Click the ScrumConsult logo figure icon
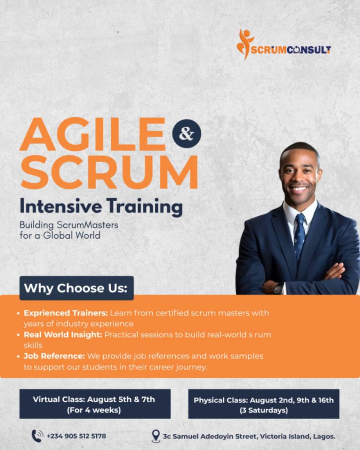click(244, 44)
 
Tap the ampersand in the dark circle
click(187, 134)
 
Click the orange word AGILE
click(92, 134)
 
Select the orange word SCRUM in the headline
click(109, 172)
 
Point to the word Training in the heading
click(145, 207)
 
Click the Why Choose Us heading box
click(76, 288)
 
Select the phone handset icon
click(37, 436)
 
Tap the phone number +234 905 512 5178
click(76, 436)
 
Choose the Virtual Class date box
click(95, 404)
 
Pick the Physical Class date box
click(264, 404)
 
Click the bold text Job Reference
click(54, 356)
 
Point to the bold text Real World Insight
click(63, 334)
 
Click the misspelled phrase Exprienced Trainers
click(66, 313)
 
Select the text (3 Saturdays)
click(264, 410)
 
